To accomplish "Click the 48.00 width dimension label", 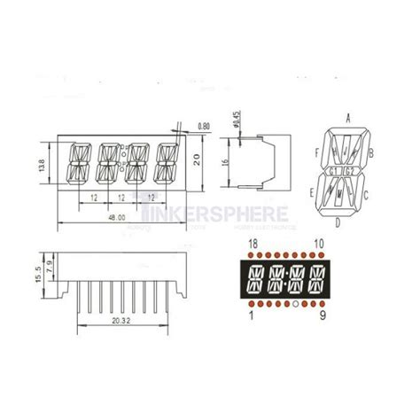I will coord(116,215).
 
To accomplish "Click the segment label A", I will coord(348,117).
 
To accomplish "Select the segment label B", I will coord(371,152).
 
